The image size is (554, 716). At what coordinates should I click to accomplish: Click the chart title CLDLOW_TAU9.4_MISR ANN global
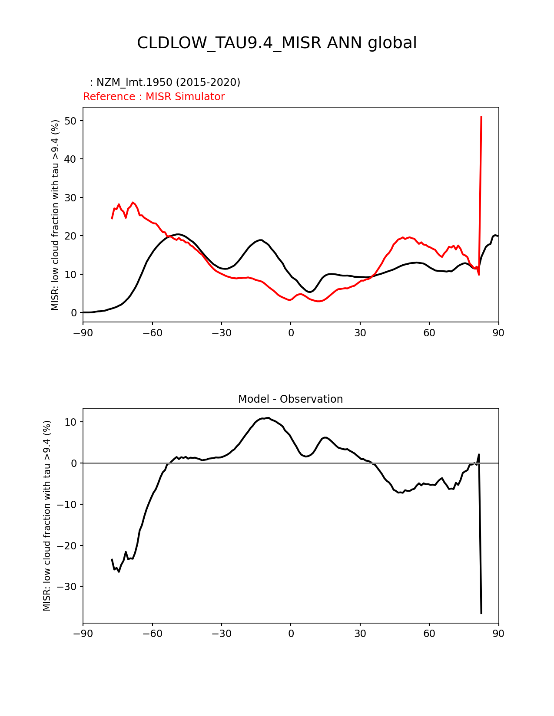[x=277, y=43]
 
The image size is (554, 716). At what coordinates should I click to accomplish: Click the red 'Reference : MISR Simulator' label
[x=154, y=97]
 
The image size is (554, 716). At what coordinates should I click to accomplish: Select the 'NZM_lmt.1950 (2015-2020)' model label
[x=168, y=82]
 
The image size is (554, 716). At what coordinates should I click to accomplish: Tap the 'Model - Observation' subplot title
[x=290, y=399]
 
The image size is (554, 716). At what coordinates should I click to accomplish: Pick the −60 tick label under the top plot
[x=152, y=333]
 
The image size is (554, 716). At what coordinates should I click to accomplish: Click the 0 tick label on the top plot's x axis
[x=291, y=333]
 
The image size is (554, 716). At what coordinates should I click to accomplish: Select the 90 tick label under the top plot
[x=498, y=333]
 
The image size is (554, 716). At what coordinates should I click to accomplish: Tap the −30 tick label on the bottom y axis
[x=67, y=587]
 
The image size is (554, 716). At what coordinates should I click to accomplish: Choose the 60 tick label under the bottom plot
[x=429, y=634]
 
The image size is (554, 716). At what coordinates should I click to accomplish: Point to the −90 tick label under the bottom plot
[x=83, y=634]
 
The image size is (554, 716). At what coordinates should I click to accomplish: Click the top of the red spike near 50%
[x=481, y=117]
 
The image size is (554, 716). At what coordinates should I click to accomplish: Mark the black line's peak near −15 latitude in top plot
[x=260, y=240]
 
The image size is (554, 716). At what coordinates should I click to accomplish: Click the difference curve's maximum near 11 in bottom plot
[x=268, y=418]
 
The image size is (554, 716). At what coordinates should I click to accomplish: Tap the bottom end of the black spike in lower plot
[x=481, y=613]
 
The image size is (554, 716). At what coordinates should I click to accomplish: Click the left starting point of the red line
[x=112, y=218]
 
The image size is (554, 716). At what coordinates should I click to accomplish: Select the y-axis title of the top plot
[x=55, y=215]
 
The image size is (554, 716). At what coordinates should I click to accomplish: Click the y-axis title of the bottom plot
[x=47, y=516]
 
